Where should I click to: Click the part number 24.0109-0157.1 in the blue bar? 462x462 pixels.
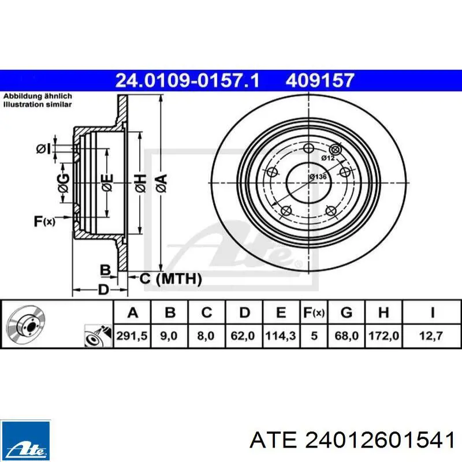[x=187, y=80]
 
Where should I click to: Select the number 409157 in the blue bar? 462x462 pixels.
[x=320, y=80]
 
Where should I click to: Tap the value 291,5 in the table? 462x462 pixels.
[x=132, y=336]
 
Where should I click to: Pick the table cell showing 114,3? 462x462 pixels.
[x=281, y=336]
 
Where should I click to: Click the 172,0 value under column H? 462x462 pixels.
[x=383, y=336]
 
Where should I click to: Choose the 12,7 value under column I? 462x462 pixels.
[x=431, y=336]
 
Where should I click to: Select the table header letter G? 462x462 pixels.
[x=346, y=312]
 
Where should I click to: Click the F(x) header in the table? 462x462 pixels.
[x=314, y=312]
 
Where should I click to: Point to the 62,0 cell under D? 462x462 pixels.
[x=243, y=336]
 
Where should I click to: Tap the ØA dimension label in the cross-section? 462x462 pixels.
[x=161, y=183]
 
